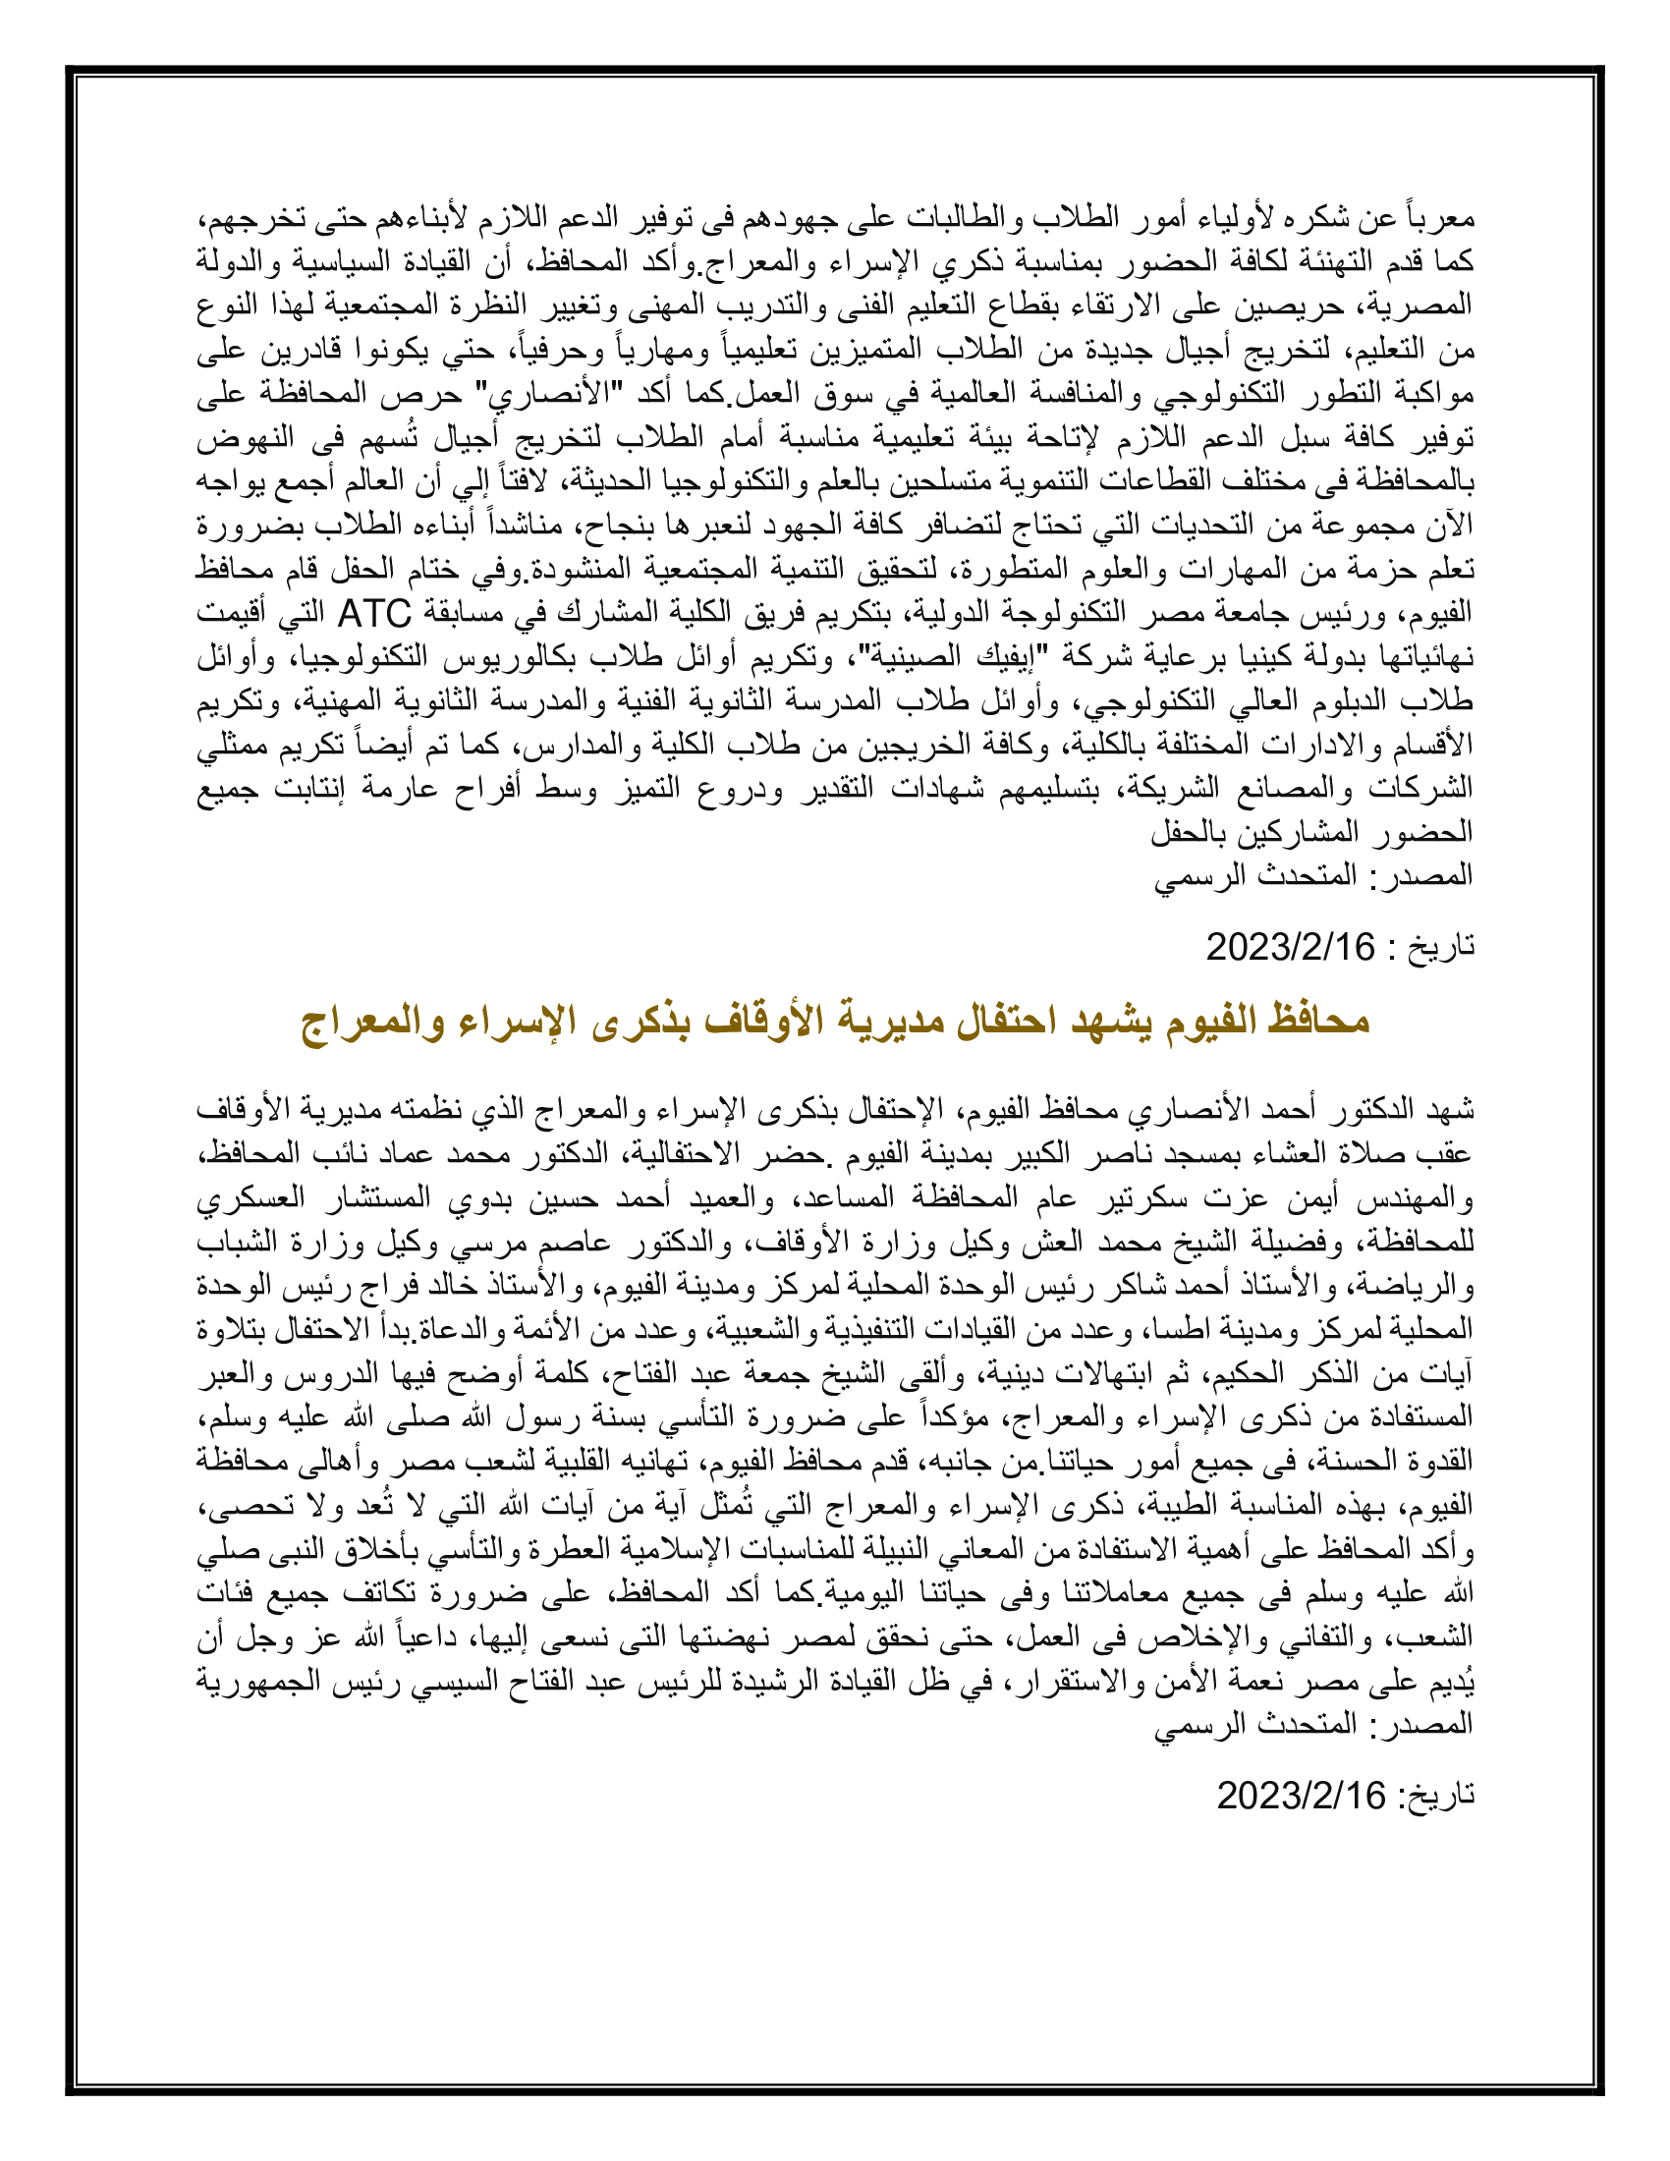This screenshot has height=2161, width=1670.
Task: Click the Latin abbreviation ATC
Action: click(x=375, y=615)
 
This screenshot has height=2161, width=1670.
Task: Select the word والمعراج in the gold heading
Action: click(x=372, y=1021)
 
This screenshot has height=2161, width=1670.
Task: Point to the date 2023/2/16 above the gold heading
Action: click(x=1290, y=948)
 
